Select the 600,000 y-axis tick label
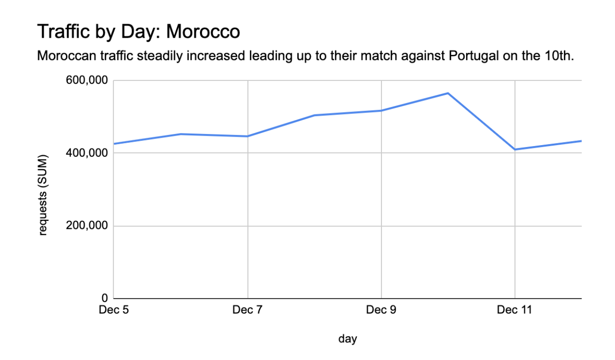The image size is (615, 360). click(x=88, y=80)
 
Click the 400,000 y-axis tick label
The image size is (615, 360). click(x=88, y=153)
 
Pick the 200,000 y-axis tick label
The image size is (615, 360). click(x=88, y=226)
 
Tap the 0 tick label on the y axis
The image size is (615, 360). click(x=105, y=298)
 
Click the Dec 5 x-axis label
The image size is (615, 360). click(x=114, y=310)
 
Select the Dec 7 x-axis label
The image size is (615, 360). click(x=247, y=310)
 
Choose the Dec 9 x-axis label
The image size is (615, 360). click(x=381, y=310)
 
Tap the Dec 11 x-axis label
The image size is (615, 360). click(x=515, y=310)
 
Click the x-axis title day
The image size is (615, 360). click(x=348, y=339)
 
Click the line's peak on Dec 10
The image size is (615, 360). click(x=448, y=93)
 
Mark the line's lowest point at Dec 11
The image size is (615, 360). click(x=515, y=149)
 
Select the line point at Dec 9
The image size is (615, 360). click(x=381, y=110)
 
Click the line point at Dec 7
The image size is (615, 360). click(x=247, y=136)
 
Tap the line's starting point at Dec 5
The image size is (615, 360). click(x=114, y=144)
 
